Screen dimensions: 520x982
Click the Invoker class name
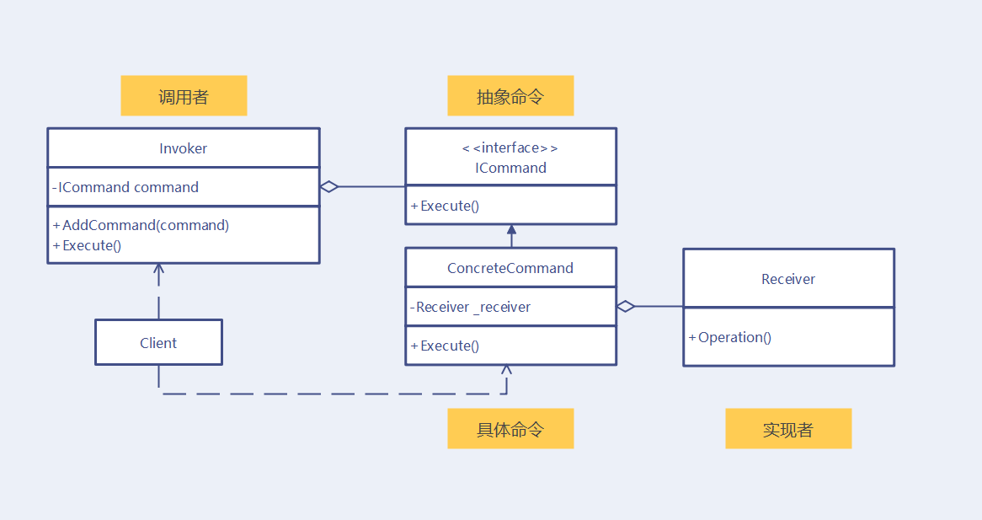183,148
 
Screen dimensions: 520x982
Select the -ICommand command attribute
126,187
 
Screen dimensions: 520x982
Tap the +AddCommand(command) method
141,225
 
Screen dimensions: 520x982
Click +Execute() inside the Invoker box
88,245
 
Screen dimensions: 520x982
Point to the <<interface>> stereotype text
510,148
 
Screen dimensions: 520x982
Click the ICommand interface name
510,168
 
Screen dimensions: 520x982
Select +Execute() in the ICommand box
446,206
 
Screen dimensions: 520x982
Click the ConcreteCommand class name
510,268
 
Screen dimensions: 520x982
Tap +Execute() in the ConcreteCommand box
446,346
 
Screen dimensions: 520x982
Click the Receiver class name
788,279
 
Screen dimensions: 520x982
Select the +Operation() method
730,337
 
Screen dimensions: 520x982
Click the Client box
158,343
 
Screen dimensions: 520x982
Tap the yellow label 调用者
184,96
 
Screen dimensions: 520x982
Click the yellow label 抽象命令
510,96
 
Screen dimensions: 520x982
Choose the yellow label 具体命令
510,429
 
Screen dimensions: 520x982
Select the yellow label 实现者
788,429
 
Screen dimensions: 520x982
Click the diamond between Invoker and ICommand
329,187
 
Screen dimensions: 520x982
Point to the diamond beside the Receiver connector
625,307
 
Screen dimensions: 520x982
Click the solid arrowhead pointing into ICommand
511,229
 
